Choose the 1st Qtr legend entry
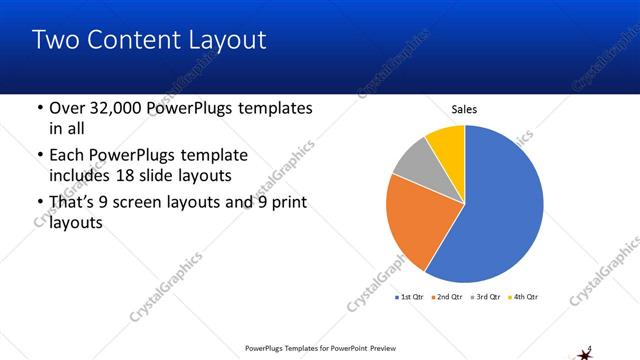[412, 297]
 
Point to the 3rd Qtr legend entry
[487, 297]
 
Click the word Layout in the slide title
[231, 40]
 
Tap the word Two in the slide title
[56, 40]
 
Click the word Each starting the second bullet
[69, 155]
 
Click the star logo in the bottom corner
[585, 351]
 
